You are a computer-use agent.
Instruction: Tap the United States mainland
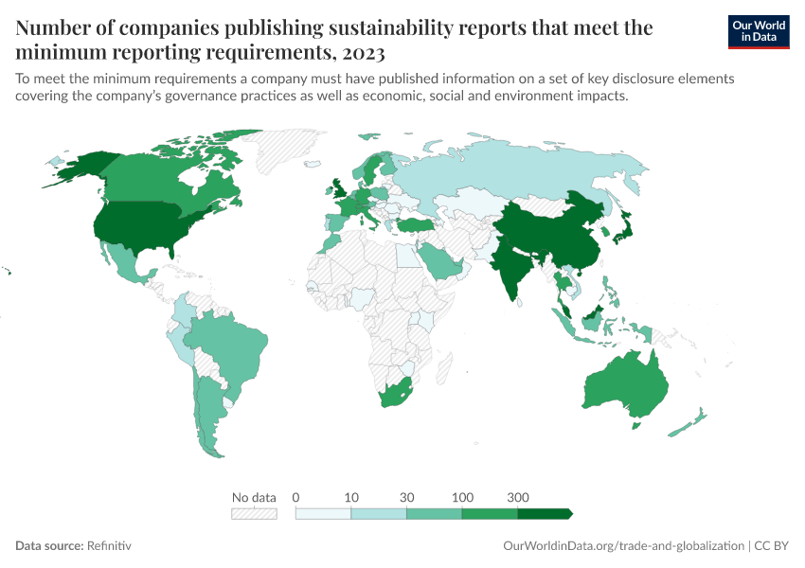(142, 227)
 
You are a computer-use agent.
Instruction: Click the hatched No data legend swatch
(254, 513)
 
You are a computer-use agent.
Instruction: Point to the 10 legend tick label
(351, 497)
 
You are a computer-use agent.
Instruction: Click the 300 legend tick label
(518, 497)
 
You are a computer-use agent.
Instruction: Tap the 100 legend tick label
(463, 497)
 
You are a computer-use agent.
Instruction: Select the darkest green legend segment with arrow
(544, 513)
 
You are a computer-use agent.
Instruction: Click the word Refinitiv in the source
(109, 546)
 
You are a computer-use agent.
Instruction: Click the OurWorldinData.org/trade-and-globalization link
(623, 546)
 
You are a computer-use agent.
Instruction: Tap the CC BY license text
(772, 546)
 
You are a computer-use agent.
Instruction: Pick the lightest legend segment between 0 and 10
(323, 513)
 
